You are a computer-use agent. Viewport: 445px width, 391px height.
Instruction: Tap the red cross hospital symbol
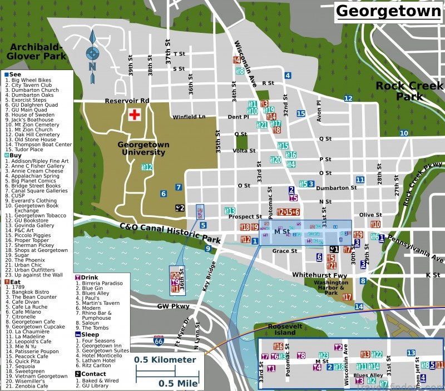coord(133,115)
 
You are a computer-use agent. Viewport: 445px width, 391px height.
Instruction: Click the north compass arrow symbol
coord(92,53)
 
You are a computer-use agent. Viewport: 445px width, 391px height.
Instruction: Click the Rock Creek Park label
coord(409,91)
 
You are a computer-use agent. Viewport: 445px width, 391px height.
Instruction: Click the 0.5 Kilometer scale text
coord(165,360)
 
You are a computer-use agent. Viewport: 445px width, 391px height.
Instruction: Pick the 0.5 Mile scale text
coord(177,383)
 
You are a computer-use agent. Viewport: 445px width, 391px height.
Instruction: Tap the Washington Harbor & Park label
coord(331,286)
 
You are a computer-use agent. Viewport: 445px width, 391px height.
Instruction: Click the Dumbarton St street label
coord(336,188)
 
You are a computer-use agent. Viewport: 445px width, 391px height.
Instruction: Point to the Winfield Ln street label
coord(189,117)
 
